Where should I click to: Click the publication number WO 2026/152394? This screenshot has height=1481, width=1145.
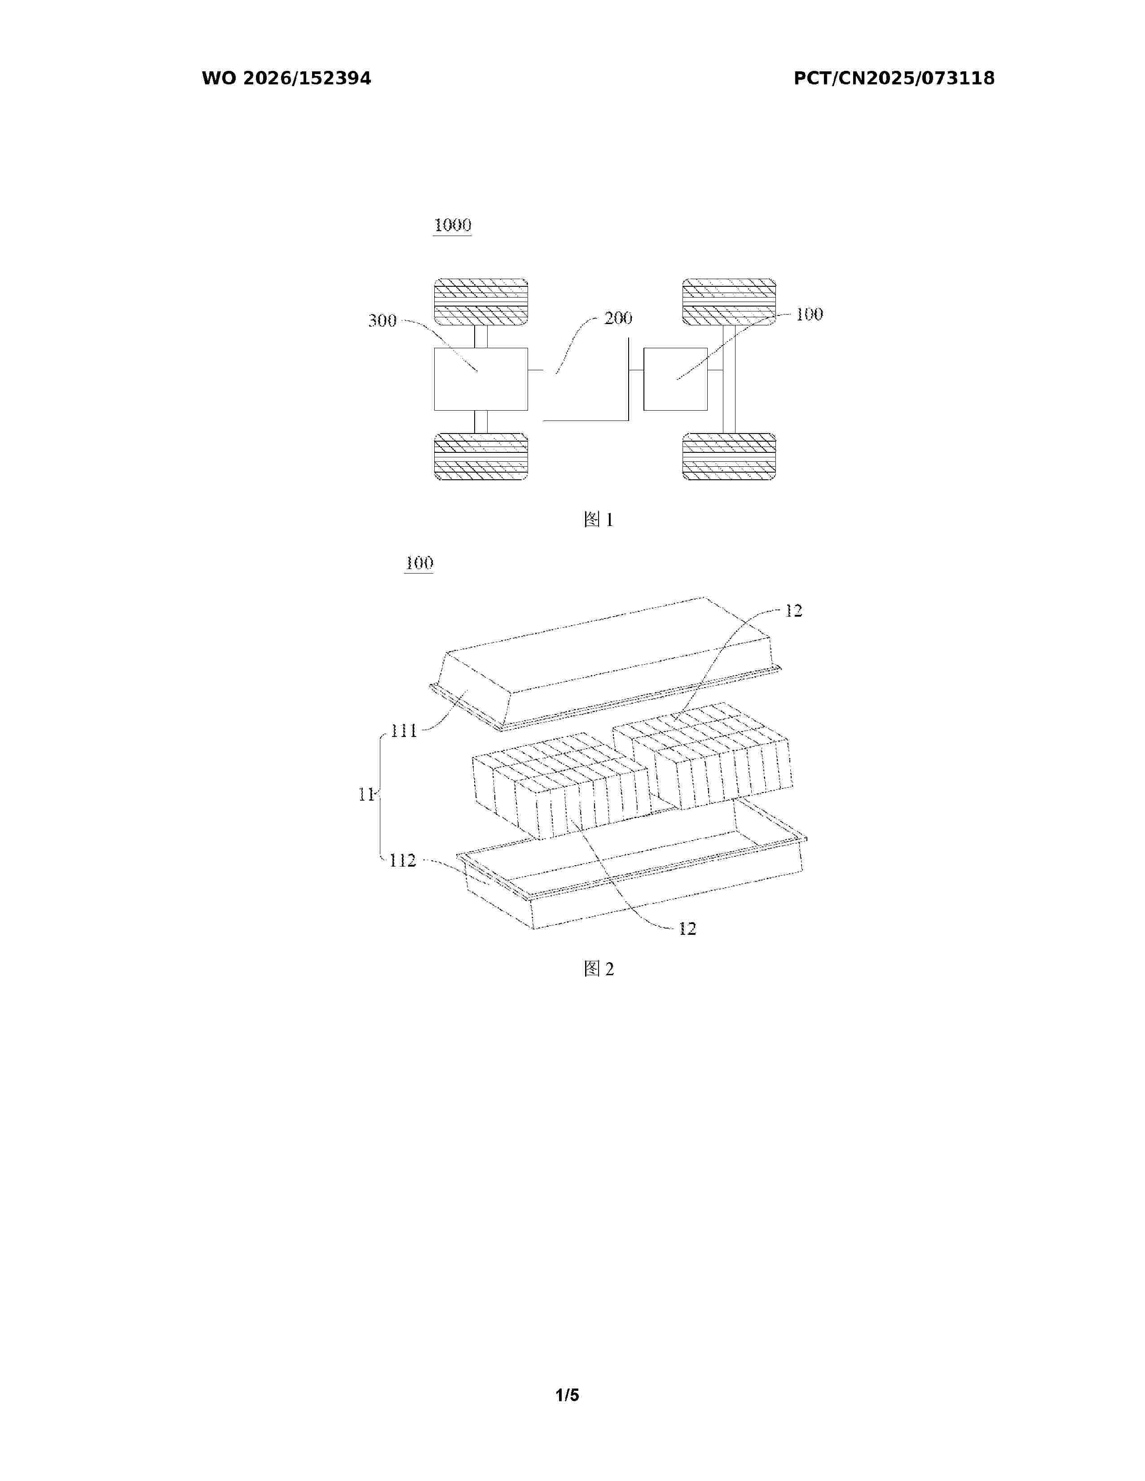[x=286, y=79]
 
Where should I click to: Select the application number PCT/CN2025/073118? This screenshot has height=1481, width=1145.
[x=894, y=79]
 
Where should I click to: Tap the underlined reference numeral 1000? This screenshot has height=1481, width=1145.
[x=453, y=225]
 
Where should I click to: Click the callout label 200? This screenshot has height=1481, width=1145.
[x=618, y=318]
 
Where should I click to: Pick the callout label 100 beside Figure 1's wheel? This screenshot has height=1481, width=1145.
[x=809, y=314]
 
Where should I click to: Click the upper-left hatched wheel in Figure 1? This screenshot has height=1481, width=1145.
[x=481, y=302]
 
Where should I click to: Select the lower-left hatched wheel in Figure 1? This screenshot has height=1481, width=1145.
[x=481, y=456]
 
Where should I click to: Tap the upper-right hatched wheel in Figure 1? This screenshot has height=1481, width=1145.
[x=729, y=302]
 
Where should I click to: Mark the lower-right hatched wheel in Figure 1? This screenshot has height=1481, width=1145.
[x=729, y=456]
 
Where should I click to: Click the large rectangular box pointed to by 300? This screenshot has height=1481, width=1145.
[x=481, y=379]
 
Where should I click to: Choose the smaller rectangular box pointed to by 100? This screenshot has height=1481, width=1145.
[x=676, y=379]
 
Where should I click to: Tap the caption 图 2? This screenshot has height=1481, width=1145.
[x=598, y=969]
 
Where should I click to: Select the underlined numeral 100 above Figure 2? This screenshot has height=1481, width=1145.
[x=418, y=563]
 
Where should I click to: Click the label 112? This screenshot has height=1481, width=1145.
[x=403, y=860]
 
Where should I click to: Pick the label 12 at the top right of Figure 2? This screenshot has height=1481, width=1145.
[x=793, y=611]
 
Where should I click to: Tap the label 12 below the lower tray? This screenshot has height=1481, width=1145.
[x=687, y=929]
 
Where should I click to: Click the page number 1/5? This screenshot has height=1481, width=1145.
[x=568, y=1395]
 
